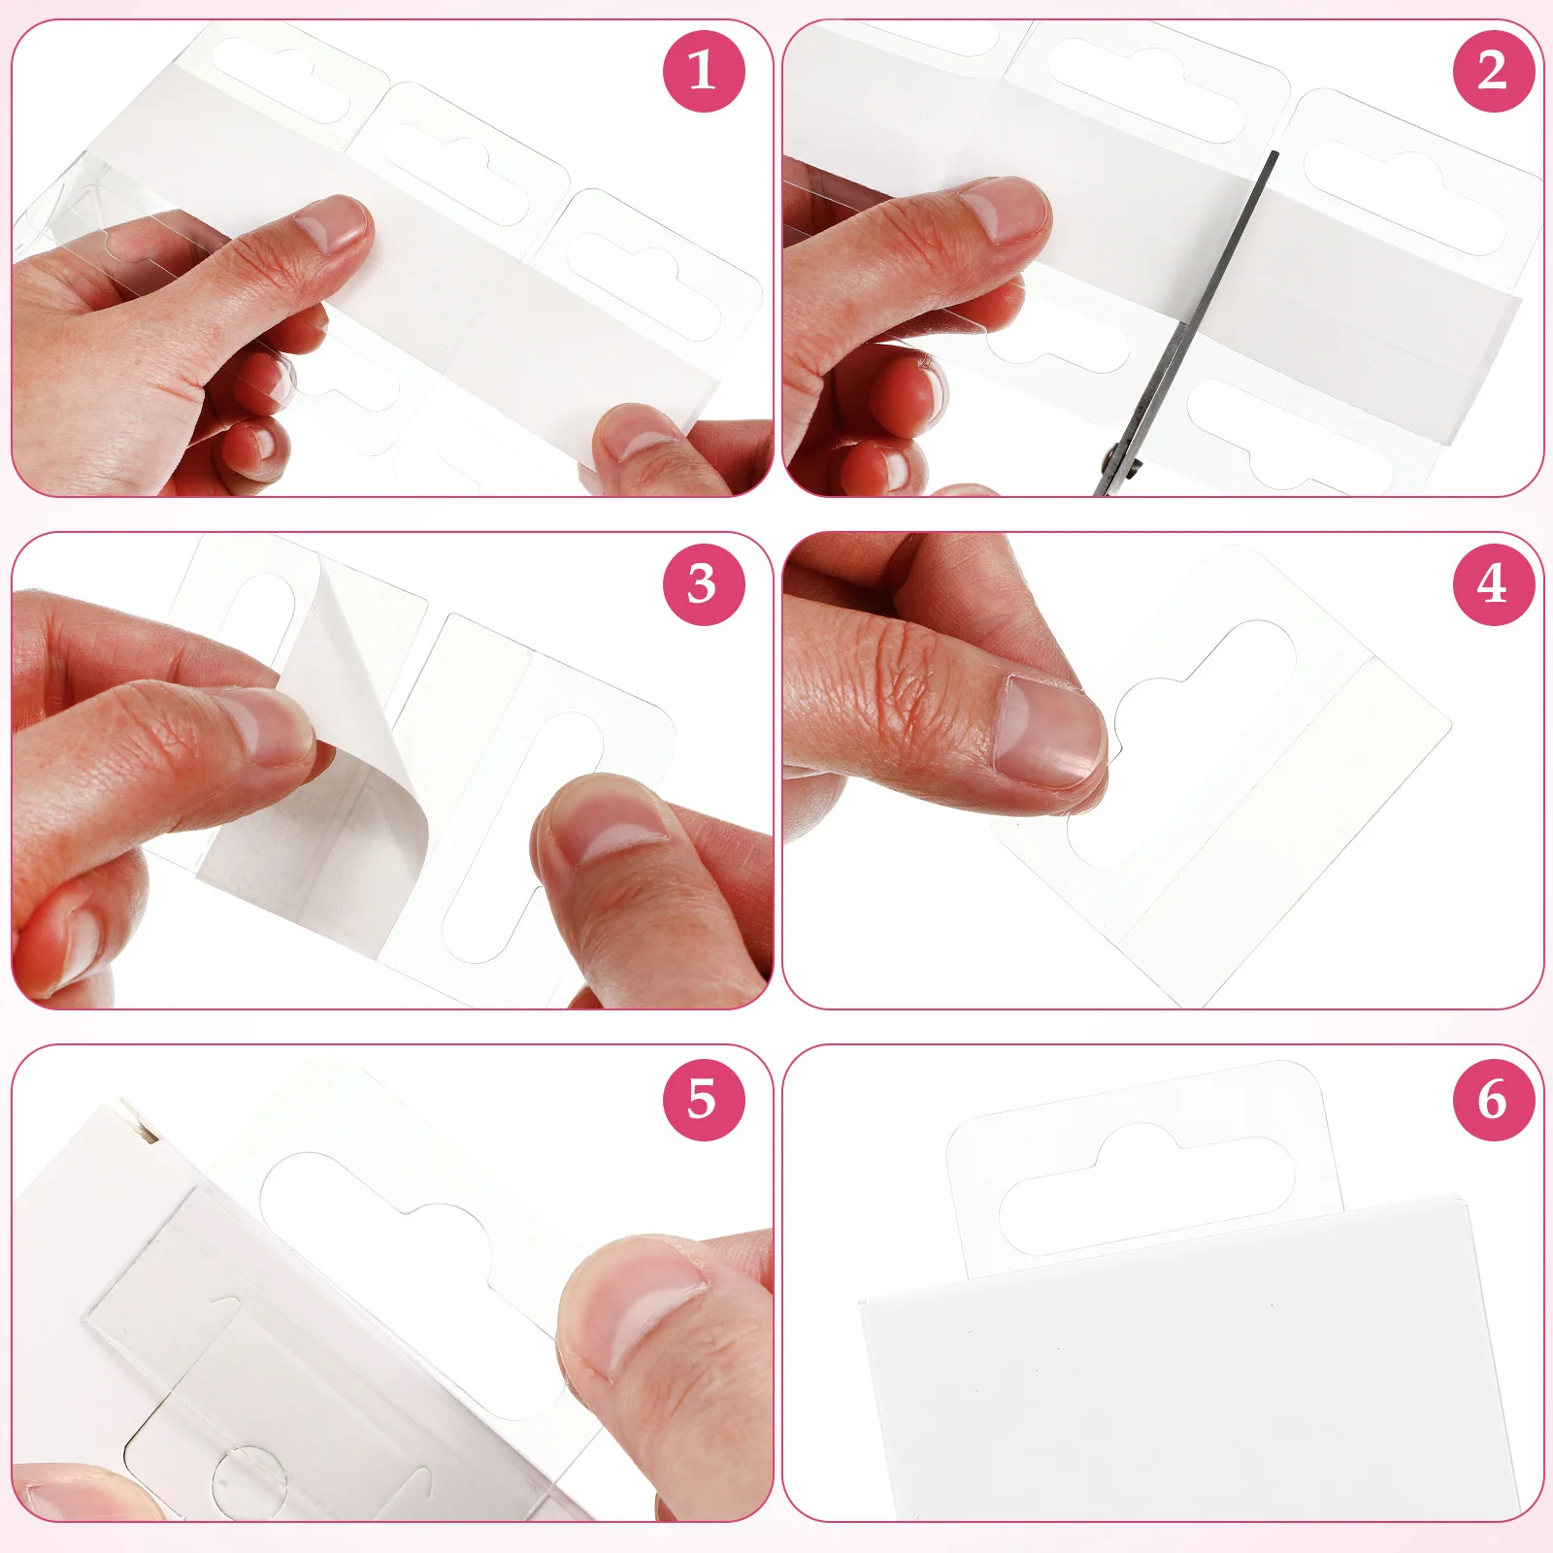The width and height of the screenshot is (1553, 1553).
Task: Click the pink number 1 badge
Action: pos(704,71)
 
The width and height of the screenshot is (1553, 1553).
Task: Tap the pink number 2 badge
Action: pos(1493,71)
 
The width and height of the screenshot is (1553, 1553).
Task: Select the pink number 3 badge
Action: pos(704,584)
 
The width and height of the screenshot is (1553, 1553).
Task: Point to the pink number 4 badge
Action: pos(1493,584)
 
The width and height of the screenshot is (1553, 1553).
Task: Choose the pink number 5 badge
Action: pos(704,1100)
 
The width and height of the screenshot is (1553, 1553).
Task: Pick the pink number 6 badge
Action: pos(1493,1100)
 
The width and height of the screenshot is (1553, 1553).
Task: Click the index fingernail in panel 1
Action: pos(330,226)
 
